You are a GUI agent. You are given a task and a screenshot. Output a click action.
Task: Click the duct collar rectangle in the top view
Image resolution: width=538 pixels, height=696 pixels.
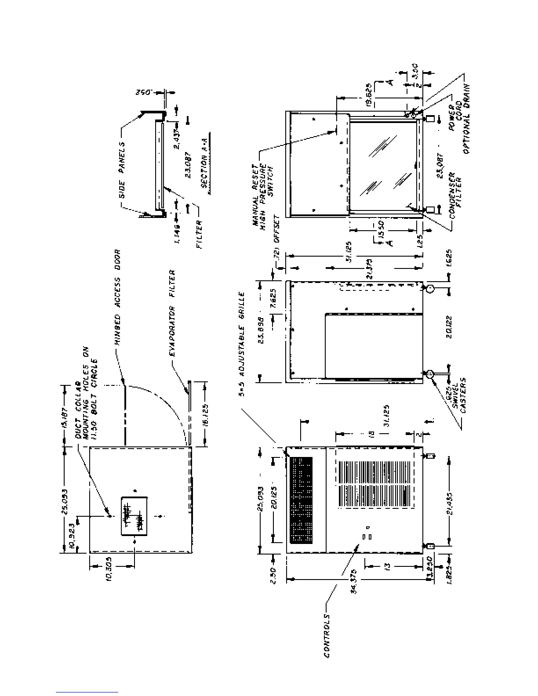click(x=134, y=516)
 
